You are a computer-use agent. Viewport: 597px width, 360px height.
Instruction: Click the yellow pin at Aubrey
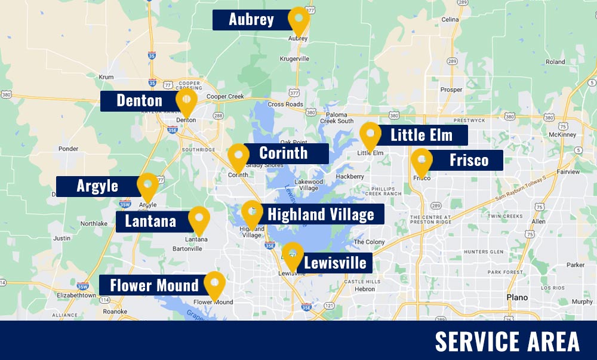pos(298,19)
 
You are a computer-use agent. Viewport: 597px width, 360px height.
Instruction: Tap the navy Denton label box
pos(140,100)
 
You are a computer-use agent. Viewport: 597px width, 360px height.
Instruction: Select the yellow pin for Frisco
pos(421,161)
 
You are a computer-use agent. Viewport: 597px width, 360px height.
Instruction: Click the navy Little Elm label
pos(421,135)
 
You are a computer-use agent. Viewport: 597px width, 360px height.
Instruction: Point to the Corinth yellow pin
pos(239,156)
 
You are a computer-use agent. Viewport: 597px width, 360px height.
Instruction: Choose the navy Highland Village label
pos(321,214)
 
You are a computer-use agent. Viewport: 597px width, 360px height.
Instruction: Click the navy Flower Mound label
pos(154,285)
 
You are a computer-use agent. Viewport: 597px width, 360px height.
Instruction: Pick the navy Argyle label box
pos(97,186)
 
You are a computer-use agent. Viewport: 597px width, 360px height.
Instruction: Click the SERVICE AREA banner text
pos(507,341)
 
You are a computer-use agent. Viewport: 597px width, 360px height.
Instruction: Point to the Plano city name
pos(516,297)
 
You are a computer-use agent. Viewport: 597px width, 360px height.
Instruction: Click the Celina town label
pos(450,20)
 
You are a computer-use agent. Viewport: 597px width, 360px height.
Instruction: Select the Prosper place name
pos(451,90)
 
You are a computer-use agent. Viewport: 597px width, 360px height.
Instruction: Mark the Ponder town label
pos(69,149)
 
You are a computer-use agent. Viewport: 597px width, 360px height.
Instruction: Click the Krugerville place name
pos(295,59)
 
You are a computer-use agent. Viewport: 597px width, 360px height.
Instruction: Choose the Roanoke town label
pos(115,311)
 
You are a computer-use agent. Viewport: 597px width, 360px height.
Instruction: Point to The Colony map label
pos(370,242)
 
